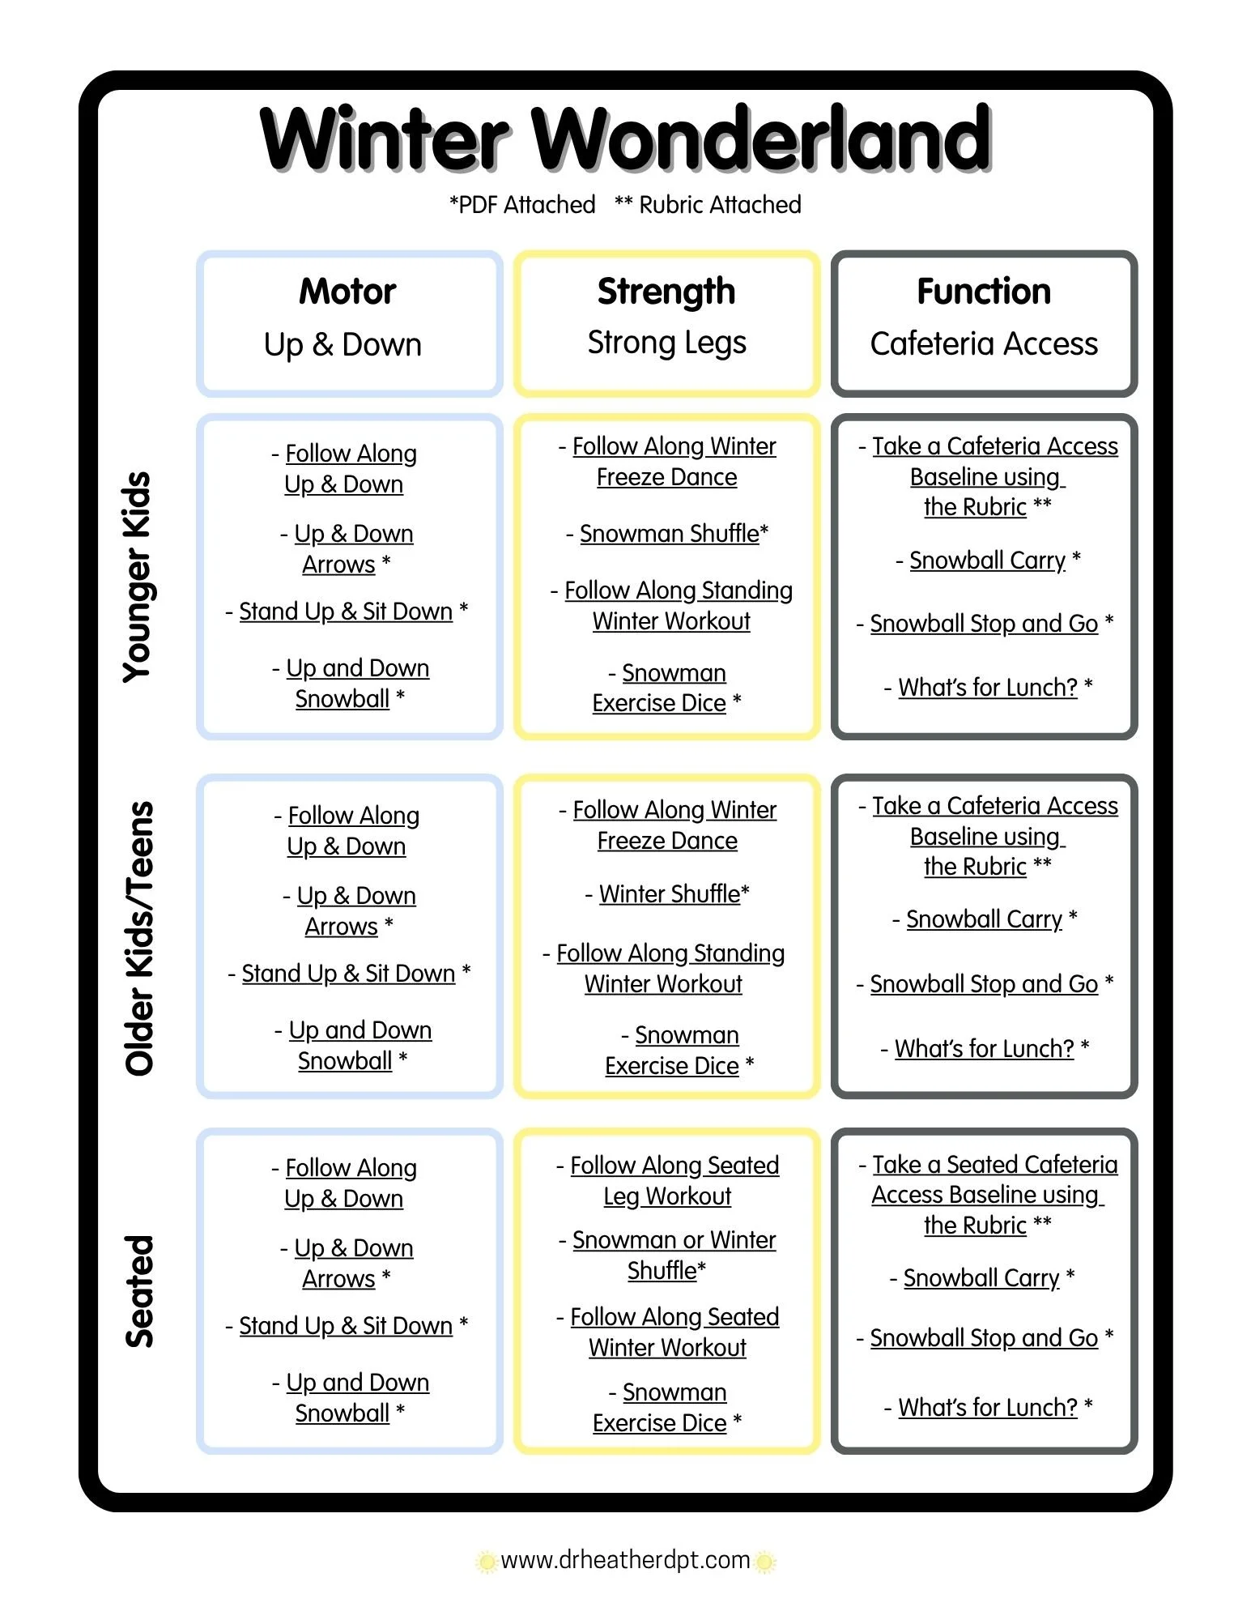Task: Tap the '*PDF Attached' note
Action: click(x=522, y=204)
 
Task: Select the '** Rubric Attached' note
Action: click(x=708, y=204)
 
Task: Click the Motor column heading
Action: click(x=347, y=291)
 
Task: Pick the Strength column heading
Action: click(x=666, y=292)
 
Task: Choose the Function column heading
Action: click(x=984, y=291)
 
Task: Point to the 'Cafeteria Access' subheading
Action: click(x=984, y=343)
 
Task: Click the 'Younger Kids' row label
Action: click(x=138, y=577)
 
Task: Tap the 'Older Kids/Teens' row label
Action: click(x=139, y=938)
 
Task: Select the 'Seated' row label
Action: click(x=139, y=1291)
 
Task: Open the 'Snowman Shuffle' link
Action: click(x=670, y=534)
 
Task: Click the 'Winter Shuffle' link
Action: click(x=670, y=894)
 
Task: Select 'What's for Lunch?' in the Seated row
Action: click(x=988, y=1408)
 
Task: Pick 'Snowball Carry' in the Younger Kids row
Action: click(x=987, y=561)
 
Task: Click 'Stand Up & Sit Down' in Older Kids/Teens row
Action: click(x=348, y=974)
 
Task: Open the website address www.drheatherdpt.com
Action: click(x=625, y=1560)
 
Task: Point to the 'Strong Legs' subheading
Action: click(x=666, y=343)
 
